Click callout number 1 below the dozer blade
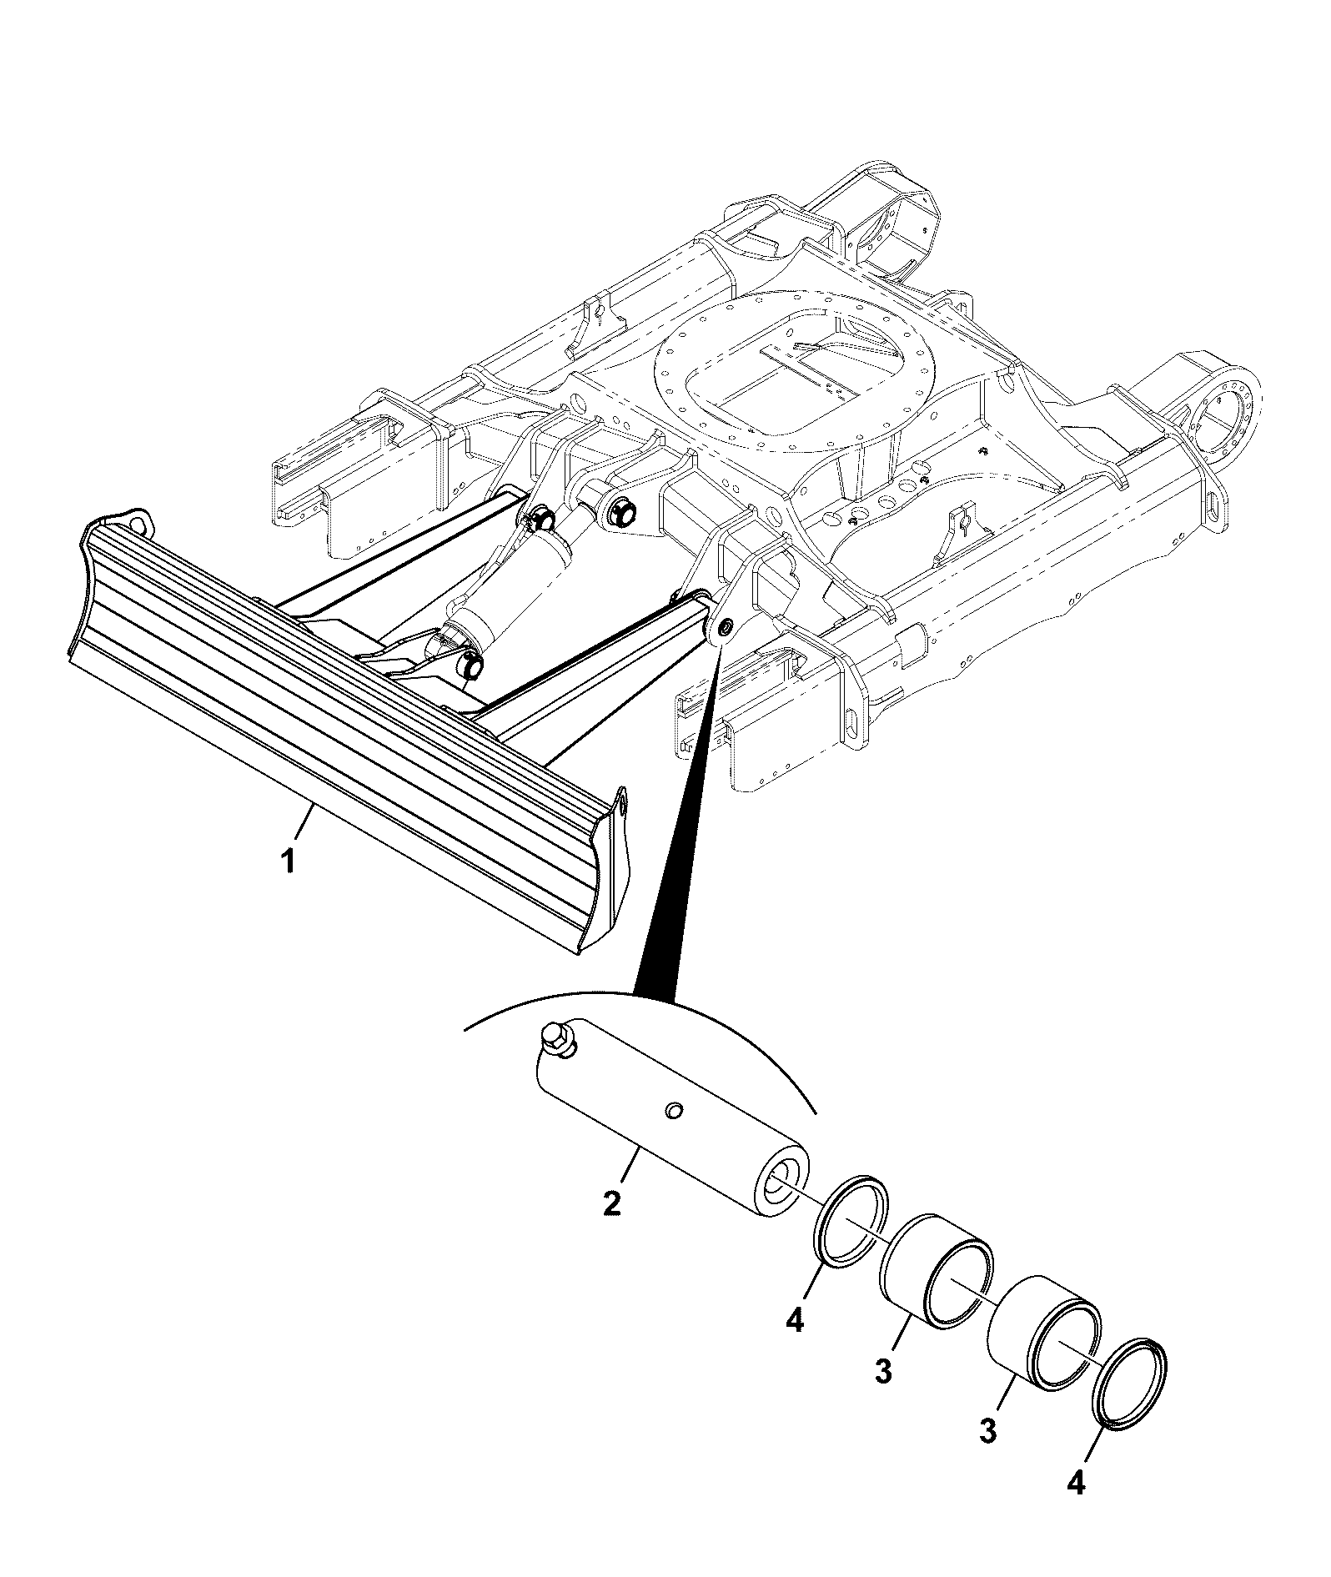pyautogui.click(x=288, y=860)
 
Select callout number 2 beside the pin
pyautogui.click(x=612, y=1203)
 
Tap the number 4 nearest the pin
pyautogui.click(x=795, y=1321)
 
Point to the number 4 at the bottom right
pyautogui.click(x=1076, y=1482)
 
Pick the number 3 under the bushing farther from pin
pyautogui.click(x=987, y=1431)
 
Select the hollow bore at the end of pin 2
pyautogui.click(x=777, y=1182)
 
